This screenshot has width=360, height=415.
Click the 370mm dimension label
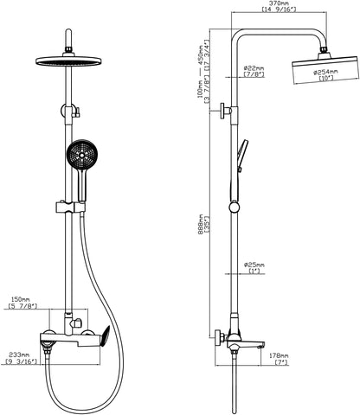(x=279, y=3)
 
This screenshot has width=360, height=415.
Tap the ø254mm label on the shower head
(x=326, y=72)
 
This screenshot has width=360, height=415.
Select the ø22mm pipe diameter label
(x=254, y=68)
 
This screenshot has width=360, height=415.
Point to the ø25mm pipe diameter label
(x=254, y=265)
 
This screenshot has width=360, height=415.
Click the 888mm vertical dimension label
(x=200, y=225)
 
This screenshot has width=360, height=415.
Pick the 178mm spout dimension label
(x=279, y=356)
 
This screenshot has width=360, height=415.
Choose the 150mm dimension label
(x=20, y=300)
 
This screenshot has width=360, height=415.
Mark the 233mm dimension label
(x=19, y=354)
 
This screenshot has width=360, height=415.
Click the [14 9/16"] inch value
(x=279, y=10)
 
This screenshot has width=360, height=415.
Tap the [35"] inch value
(x=207, y=225)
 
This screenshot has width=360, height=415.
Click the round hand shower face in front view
(x=81, y=155)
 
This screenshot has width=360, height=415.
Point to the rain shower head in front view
(x=68, y=61)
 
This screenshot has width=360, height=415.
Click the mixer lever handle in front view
(x=105, y=336)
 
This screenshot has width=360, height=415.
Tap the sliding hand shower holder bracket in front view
(x=70, y=207)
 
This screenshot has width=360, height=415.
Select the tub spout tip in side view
(x=261, y=345)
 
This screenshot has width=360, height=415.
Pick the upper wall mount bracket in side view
(x=227, y=111)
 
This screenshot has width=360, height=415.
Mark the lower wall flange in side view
(x=220, y=338)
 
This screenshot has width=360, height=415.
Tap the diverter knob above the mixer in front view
(x=77, y=322)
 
